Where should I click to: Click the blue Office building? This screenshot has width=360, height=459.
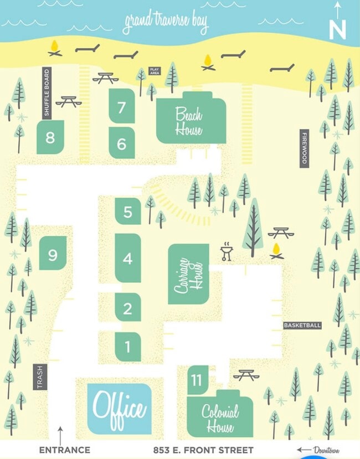tap(119, 409)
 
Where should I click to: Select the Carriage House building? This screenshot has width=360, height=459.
tap(188, 274)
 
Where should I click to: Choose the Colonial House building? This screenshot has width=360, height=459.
tap(220, 416)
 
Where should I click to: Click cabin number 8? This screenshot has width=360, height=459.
tap(50, 137)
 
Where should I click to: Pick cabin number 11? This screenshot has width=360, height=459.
tap(197, 380)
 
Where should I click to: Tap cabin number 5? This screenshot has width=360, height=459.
tap(128, 211)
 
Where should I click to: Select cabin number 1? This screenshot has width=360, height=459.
tap(128, 347)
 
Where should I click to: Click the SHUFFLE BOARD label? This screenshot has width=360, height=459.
tap(47, 92)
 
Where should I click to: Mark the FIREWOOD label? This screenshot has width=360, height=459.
tap(304, 148)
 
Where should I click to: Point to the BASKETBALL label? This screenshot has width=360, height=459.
tap(302, 326)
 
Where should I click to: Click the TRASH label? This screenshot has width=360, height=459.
tap(40, 377)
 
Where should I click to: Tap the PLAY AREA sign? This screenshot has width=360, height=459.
tap(155, 71)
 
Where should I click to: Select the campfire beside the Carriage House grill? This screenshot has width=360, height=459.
tap(276, 251)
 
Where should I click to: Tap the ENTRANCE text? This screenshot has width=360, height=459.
tap(64, 450)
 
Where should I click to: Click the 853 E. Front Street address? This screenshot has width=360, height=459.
tap(203, 450)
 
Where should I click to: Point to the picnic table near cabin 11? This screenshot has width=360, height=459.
tap(246, 375)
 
